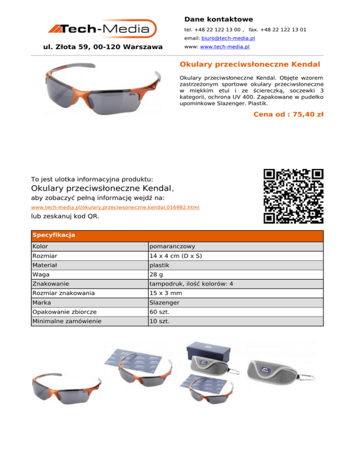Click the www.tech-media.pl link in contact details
coord(225,47)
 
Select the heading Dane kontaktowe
coord(218,19)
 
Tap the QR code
coord(293,195)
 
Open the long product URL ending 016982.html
coord(115,207)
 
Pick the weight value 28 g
coord(157,274)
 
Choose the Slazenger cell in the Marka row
coord(164,302)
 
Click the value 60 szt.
coord(160,312)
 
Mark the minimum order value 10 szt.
coord(159,321)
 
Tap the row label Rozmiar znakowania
coord(63,293)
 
